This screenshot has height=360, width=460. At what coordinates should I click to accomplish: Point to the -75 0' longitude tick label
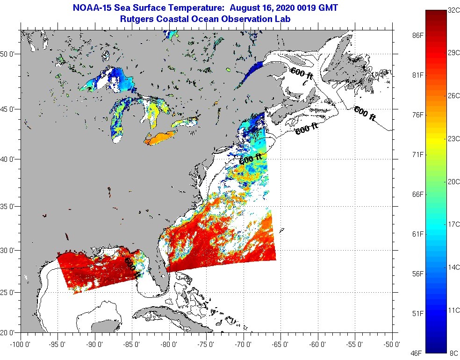point(207,344)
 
